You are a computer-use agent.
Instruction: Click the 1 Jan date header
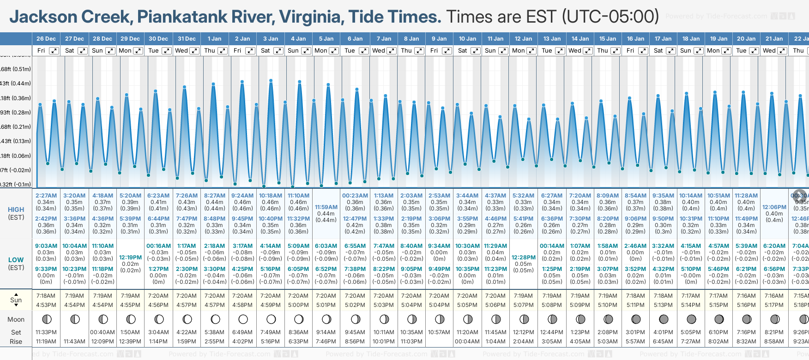[214, 39]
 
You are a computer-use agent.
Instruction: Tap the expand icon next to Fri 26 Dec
[54, 51]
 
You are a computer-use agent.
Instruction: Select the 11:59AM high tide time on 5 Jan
[326, 207]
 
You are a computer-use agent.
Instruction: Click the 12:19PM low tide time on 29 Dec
[130, 258]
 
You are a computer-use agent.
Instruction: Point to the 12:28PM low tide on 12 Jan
[523, 258]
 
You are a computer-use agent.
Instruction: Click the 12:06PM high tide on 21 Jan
[774, 207]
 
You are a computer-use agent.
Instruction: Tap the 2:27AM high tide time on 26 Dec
[46, 196]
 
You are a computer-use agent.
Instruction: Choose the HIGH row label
[16, 210]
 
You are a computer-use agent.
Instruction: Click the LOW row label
[16, 260]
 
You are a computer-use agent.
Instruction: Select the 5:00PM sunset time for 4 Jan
[298, 305]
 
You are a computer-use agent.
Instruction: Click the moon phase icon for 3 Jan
[271, 319]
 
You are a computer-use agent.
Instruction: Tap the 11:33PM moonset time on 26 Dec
[46, 332]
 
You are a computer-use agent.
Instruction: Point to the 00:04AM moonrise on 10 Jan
[467, 342]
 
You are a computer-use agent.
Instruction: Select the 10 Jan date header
[467, 39]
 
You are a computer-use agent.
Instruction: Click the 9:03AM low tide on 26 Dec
[46, 246]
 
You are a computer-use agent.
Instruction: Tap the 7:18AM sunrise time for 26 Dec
[46, 296]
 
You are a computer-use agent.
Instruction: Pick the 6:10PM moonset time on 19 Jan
[718, 332]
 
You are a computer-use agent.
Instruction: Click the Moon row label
[16, 319]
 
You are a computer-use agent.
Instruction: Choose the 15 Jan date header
[608, 39]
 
